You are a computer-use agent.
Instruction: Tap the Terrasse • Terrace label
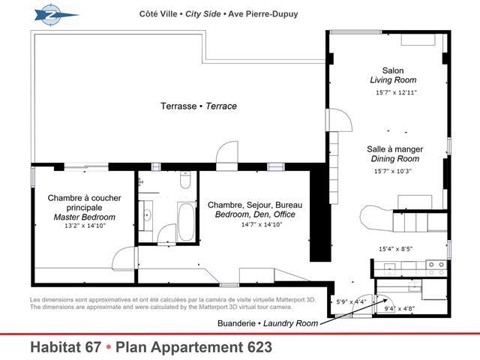[199, 106]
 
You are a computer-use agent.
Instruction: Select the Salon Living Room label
[393, 75]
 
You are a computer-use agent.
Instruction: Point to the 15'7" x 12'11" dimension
[396, 92]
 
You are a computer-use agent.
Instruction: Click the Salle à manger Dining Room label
[395, 154]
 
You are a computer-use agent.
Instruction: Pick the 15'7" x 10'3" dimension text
[392, 171]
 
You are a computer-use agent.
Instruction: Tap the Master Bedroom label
[85, 217]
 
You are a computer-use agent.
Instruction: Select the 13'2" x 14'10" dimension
[85, 226]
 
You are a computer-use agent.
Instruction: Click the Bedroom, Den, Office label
[255, 214]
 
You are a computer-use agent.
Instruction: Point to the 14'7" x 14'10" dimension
[262, 224]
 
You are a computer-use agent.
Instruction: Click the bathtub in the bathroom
[186, 221]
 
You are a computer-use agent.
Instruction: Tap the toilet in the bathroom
[185, 180]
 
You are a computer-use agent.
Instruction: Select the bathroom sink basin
[147, 215]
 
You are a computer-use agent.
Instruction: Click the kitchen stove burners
[436, 268]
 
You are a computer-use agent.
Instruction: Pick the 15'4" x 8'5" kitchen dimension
[396, 249]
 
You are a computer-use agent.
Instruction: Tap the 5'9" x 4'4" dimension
[351, 302]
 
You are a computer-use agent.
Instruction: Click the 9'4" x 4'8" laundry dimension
[400, 308]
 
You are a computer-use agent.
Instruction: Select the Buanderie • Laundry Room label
[268, 323]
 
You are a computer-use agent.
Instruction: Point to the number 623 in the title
[259, 347]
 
